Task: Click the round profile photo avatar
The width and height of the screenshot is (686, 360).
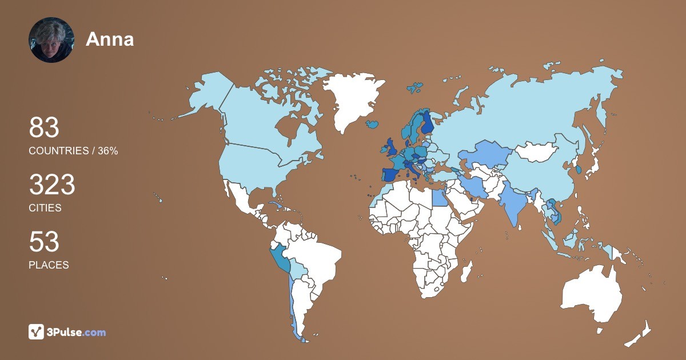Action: (51, 39)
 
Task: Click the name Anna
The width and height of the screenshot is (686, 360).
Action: (110, 39)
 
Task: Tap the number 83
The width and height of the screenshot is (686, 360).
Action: (44, 128)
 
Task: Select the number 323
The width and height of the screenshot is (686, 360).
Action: (52, 185)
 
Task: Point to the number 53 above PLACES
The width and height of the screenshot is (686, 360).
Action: (44, 242)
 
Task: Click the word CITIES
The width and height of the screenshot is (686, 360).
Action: (45, 208)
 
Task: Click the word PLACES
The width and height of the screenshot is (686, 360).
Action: (49, 265)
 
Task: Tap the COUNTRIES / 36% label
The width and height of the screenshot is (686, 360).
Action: (73, 151)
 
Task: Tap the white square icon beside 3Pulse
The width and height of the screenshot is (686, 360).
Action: (37, 332)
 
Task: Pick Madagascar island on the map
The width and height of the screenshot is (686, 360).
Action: (467, 271)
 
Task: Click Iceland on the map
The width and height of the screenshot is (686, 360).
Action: (372, 123)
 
